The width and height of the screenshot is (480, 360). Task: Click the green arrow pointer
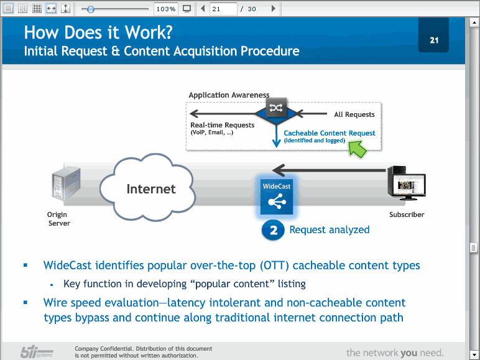tap(357, 149)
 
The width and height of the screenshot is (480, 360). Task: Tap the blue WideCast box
tap(277, 196)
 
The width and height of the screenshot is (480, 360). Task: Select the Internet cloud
tap(147, 187)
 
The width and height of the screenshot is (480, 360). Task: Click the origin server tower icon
tap(66, 183)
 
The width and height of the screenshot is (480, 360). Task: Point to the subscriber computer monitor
tap(409, 186)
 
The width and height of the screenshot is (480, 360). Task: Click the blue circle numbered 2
tap(273, 230)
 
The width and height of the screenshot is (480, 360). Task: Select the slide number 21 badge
tap(433, 35)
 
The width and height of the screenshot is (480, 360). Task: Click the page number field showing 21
tap(223, 9)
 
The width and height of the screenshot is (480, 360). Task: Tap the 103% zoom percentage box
tap(165, 9)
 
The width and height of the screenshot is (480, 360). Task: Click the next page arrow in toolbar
tap(274, 9)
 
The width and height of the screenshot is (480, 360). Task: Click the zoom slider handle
tap(90, 9)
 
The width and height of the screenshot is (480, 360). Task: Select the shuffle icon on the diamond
tap(276, 108)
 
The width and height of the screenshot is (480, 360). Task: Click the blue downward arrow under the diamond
tap(277, 136)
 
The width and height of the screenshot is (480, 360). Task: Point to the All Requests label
tap(354, 114)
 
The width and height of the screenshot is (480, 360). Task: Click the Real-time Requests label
tap(222, 125)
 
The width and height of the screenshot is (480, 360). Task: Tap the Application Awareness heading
tap(229, 95)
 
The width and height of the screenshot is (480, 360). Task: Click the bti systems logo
tap(37, 352)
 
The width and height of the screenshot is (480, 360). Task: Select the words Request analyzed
tap(330, 229)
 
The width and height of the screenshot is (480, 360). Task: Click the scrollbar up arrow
tap(474, 22)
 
